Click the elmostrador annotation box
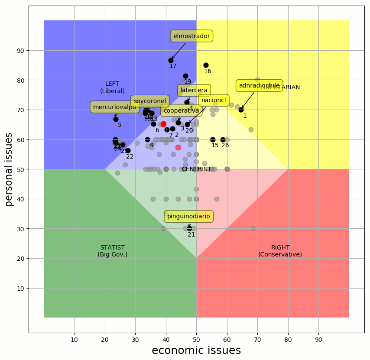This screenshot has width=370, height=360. (x=191, y=36)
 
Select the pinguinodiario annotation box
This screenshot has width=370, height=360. (x=188, y=216)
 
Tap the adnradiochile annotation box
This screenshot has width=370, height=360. (x=259, y=85)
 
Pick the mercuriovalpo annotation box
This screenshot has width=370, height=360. (x=114, y=107)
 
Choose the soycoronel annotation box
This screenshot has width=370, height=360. (x=150, y=101)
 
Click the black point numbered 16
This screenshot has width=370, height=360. (x=206, y=65)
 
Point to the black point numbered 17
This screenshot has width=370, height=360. (x=171, y=60)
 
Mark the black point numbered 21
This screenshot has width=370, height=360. (x=189, y=228)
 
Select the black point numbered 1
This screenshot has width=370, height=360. (x=241, y=110)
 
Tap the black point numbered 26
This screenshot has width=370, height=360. (x=223, y=139)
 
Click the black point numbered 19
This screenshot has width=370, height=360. (x=185, y=76)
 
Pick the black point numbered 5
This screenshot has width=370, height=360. (x=116, y=119)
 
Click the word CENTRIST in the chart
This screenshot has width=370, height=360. (x=196, y=169)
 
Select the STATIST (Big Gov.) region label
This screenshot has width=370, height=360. (x=113, y=251)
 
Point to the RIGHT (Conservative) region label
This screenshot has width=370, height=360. (x=280, y=251)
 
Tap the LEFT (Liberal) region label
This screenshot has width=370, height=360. (x=112, y=87)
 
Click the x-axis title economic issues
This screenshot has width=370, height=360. (x=196, y=350)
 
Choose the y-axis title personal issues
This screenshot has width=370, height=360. (x=9, y=169)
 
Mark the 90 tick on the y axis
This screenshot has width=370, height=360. (x=20, y=51)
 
